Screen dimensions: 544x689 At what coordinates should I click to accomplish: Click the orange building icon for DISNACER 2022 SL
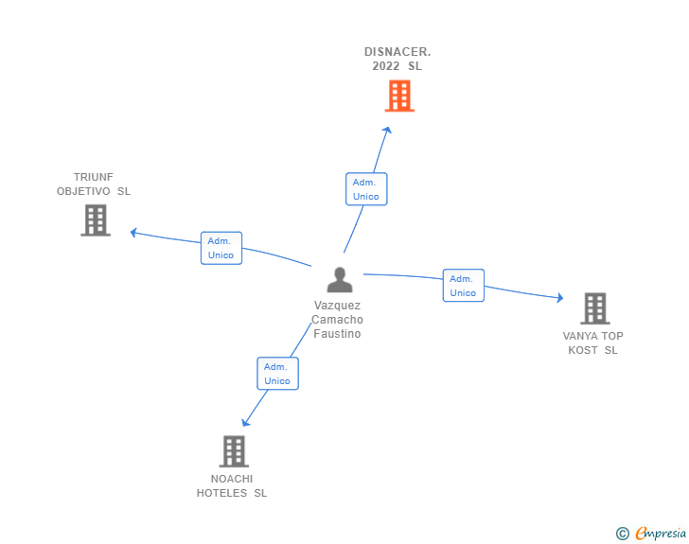point(399,96)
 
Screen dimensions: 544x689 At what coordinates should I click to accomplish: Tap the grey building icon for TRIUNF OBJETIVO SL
point(95,219)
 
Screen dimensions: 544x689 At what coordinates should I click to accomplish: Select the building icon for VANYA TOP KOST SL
point(594,307)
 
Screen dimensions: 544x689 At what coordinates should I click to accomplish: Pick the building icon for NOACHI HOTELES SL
point(234,451)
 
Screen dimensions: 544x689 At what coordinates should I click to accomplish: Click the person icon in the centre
point(339,280)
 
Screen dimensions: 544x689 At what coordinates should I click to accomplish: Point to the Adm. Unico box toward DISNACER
point(366,189)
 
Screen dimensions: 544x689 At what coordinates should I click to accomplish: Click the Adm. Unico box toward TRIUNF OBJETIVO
point(221,248)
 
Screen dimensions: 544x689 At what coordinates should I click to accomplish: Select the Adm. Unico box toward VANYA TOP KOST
point(463,286)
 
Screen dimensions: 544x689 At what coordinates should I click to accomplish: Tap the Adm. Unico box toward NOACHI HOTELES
point(277,374)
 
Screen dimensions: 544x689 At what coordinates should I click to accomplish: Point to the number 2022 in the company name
point(386,66)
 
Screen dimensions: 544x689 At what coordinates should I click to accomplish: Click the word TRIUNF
point(94,177)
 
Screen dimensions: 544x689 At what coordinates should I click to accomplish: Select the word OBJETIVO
point(84,191)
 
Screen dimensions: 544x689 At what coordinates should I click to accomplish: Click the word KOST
point(582,350)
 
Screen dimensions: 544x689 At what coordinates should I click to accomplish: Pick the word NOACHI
point(232,479)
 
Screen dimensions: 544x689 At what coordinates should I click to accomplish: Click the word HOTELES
point(222,493)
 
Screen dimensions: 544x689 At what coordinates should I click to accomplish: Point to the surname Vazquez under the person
point(338,306)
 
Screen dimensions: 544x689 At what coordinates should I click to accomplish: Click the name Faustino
point(338,334)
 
